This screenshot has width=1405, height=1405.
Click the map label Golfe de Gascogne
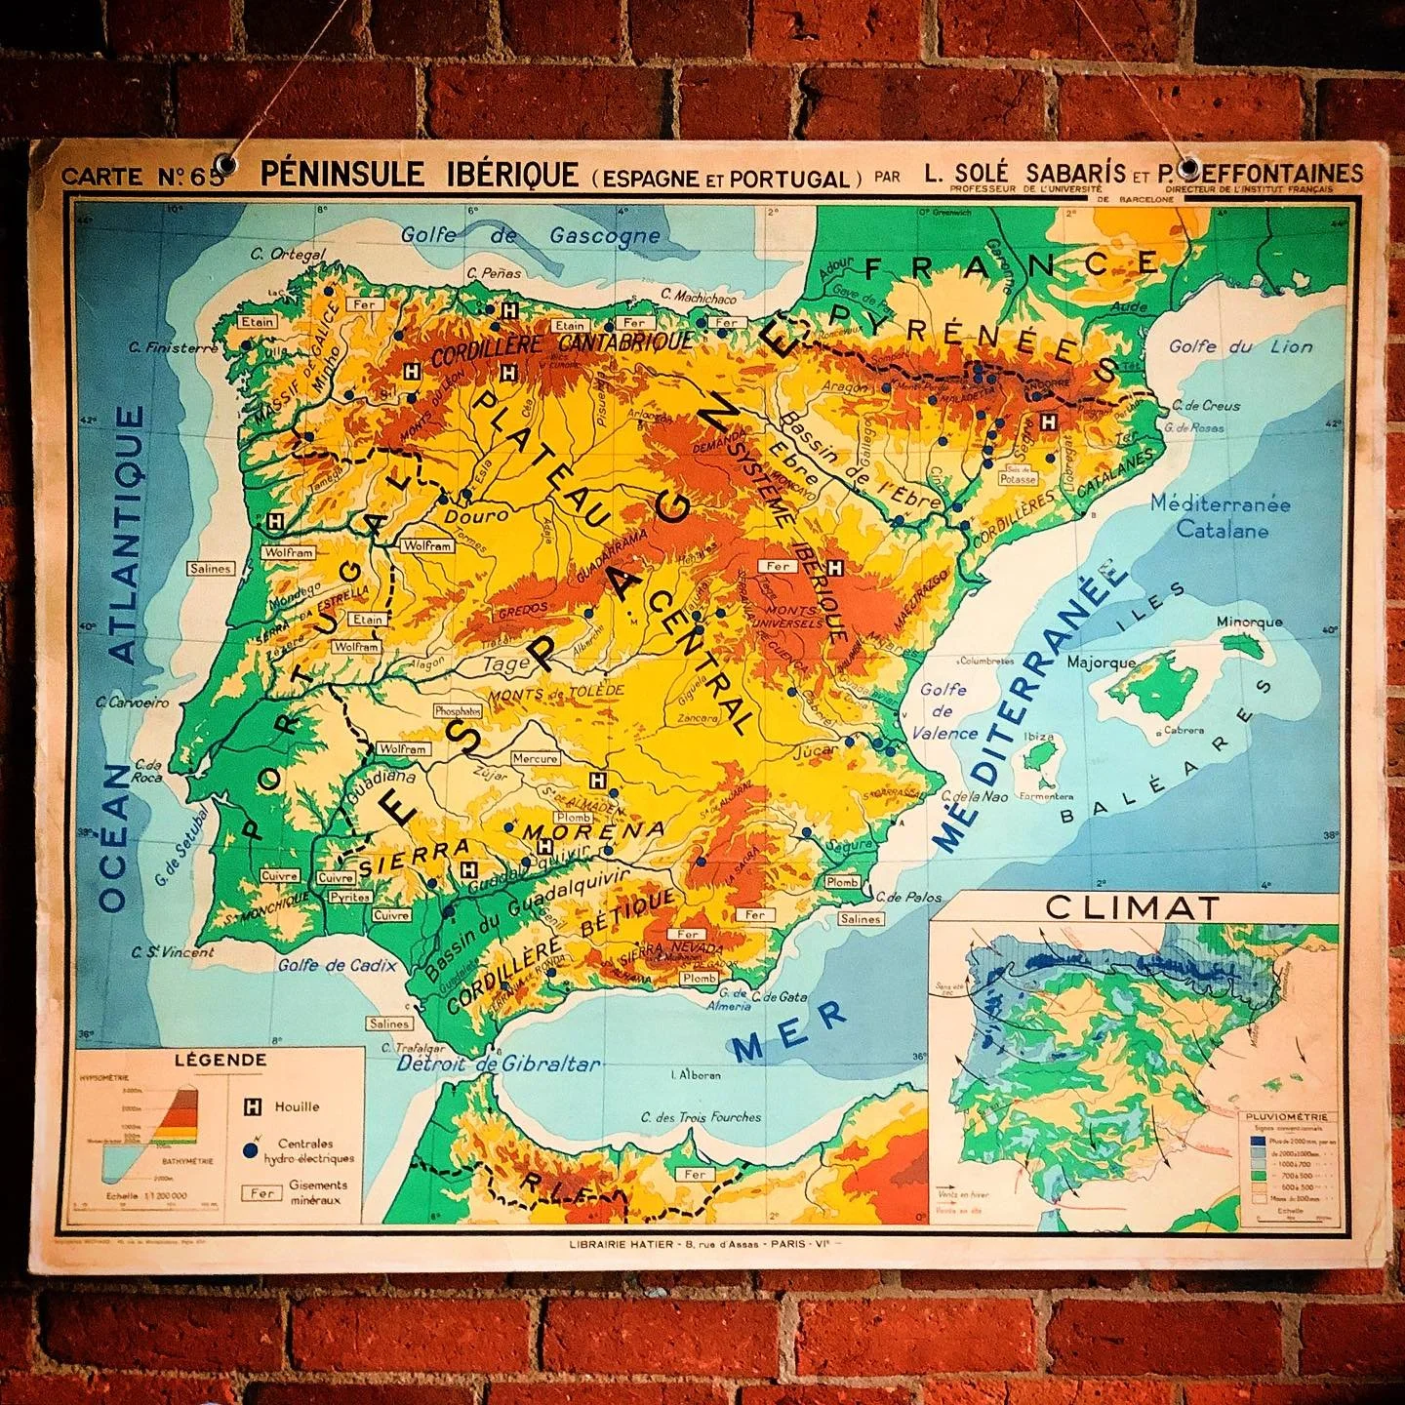tap(531, 234)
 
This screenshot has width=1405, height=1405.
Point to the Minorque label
tap(1249, 622)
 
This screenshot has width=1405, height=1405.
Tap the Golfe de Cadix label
tap(337, 965)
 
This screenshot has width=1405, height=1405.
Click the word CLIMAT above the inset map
tap(1132, 907)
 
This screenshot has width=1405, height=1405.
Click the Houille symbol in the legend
tap(253, 1106)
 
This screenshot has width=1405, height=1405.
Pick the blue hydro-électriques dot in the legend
tap(252, 1151)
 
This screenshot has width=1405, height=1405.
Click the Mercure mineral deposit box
tap(535, 758)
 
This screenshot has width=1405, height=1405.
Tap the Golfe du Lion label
tap(1240, 347)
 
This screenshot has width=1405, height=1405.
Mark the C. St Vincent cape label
tap(177, 952)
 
